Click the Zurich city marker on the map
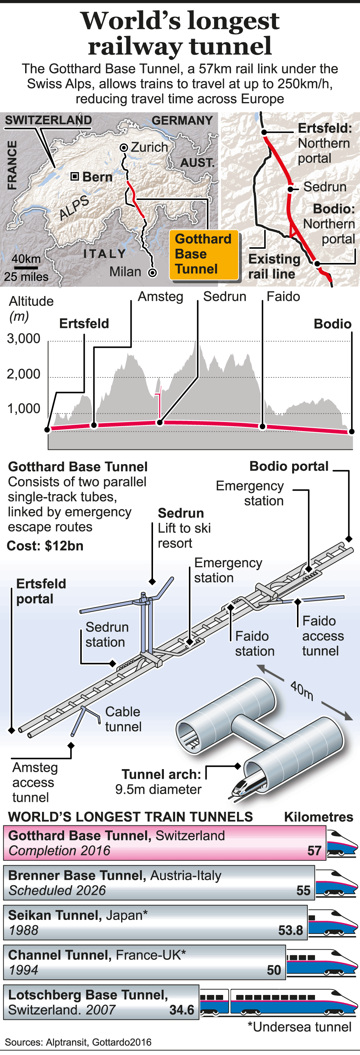click(124, 147)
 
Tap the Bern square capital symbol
click(75, 176)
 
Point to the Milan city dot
click(152, 272)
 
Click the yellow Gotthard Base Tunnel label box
click(204, 254)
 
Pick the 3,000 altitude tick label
click(24, 339)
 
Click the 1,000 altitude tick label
click(24, 409)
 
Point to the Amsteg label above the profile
click(160, 296)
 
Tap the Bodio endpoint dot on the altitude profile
click(351, 431)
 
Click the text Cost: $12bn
click(45, 546)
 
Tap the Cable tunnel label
click(123, 719)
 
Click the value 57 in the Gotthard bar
click(314, 851)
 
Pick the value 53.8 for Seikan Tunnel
click(290, 930)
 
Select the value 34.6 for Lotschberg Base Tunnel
click(181, 1010)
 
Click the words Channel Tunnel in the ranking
click(60, 955)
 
